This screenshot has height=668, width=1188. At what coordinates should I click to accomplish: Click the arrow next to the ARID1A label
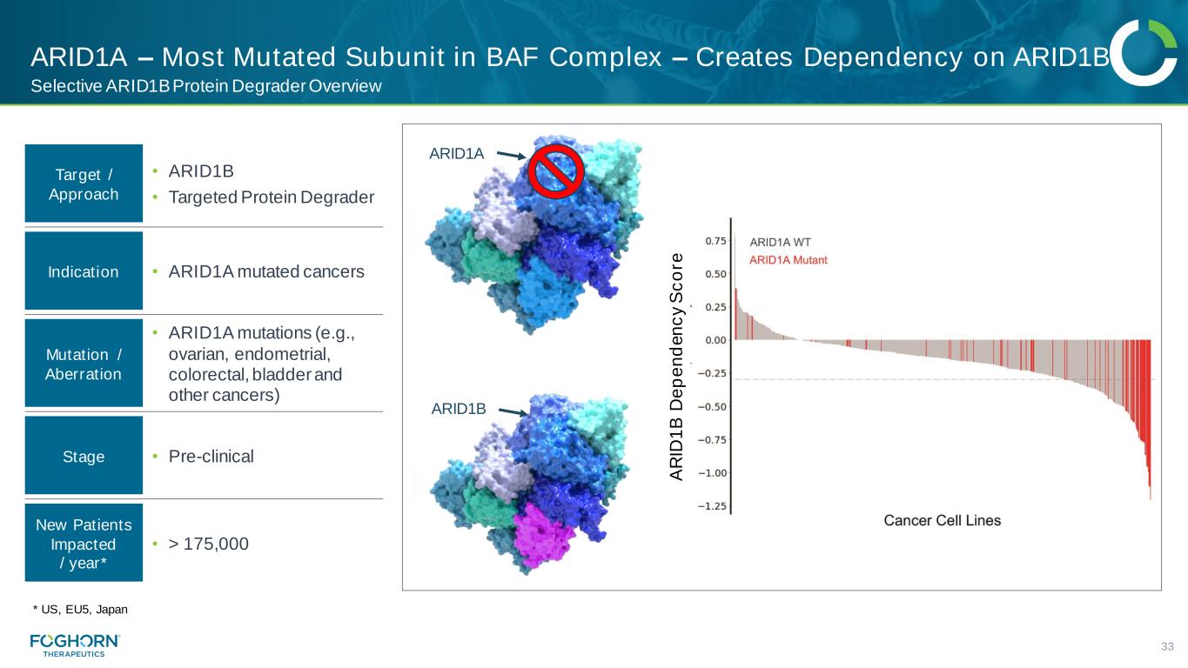(x=511, y=155)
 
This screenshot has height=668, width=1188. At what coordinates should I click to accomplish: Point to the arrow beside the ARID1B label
(x=513, y=411)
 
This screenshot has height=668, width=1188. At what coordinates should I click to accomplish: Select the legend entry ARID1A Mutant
(x=789, y=260)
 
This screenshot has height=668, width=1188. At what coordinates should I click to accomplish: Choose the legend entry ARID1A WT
(x=780, y=243)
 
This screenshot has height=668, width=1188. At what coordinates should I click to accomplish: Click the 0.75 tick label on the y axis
(x=715, y=241)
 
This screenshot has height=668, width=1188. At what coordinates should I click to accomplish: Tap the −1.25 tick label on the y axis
(x=712, y=505)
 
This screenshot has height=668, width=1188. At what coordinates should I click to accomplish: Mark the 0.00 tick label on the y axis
(x=715, y=340)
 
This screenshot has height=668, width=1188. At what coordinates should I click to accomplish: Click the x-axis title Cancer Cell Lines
(x=942, y=521)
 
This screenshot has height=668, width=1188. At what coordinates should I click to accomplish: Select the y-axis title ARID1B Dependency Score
(x=676, y=367)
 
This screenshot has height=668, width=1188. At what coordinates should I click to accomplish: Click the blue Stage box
(x=84, y=456)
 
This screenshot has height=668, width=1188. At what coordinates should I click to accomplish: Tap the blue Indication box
(x=84, y=271)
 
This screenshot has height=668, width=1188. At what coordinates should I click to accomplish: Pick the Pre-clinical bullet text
(x=211, y=457)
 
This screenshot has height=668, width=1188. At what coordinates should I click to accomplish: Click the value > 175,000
(x=208, y=544)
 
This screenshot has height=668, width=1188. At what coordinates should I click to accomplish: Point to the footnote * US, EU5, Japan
(x=80, y=609)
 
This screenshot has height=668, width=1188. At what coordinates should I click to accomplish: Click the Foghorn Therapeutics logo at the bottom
(x=75, y=645)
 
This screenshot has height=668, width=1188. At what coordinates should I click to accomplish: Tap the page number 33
(x=1167, y=647)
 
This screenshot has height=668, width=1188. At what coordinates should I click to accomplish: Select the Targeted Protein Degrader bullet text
(x=271, y=197)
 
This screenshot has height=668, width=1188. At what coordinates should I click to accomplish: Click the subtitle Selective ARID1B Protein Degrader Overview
(x=205, y=86)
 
